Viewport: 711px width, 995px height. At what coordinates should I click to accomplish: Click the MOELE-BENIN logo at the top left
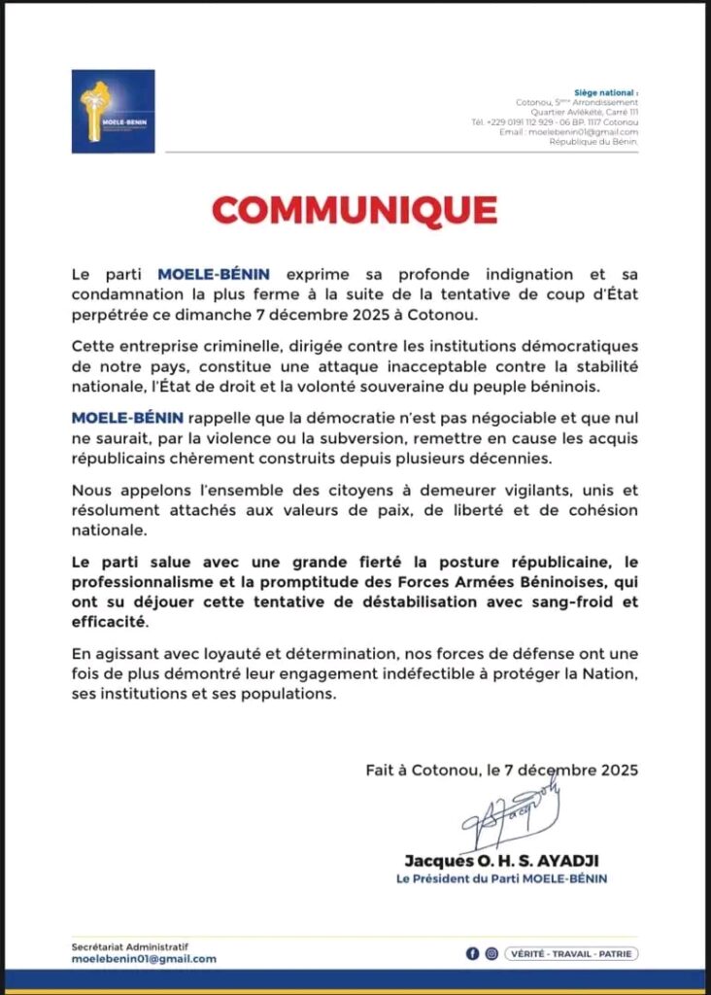pyautogui.click(x=113, y=111)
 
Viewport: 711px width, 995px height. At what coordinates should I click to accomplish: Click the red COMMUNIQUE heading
pyautogui.click(x=355, y=210)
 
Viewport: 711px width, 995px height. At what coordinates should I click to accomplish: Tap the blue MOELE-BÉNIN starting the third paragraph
pyautogui.click(x=119, y=418)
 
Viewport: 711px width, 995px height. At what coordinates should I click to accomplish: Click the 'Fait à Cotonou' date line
pyautogui.click(x=501, y=771)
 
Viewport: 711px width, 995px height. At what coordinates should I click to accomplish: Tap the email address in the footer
pyautogui.click(x=144, y=959)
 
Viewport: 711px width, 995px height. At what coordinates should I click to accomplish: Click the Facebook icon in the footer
pyautogui.click(x=472, y=953)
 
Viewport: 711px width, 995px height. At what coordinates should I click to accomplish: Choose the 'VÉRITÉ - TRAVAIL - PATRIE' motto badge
pyautogui.click(x=571, y=953)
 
